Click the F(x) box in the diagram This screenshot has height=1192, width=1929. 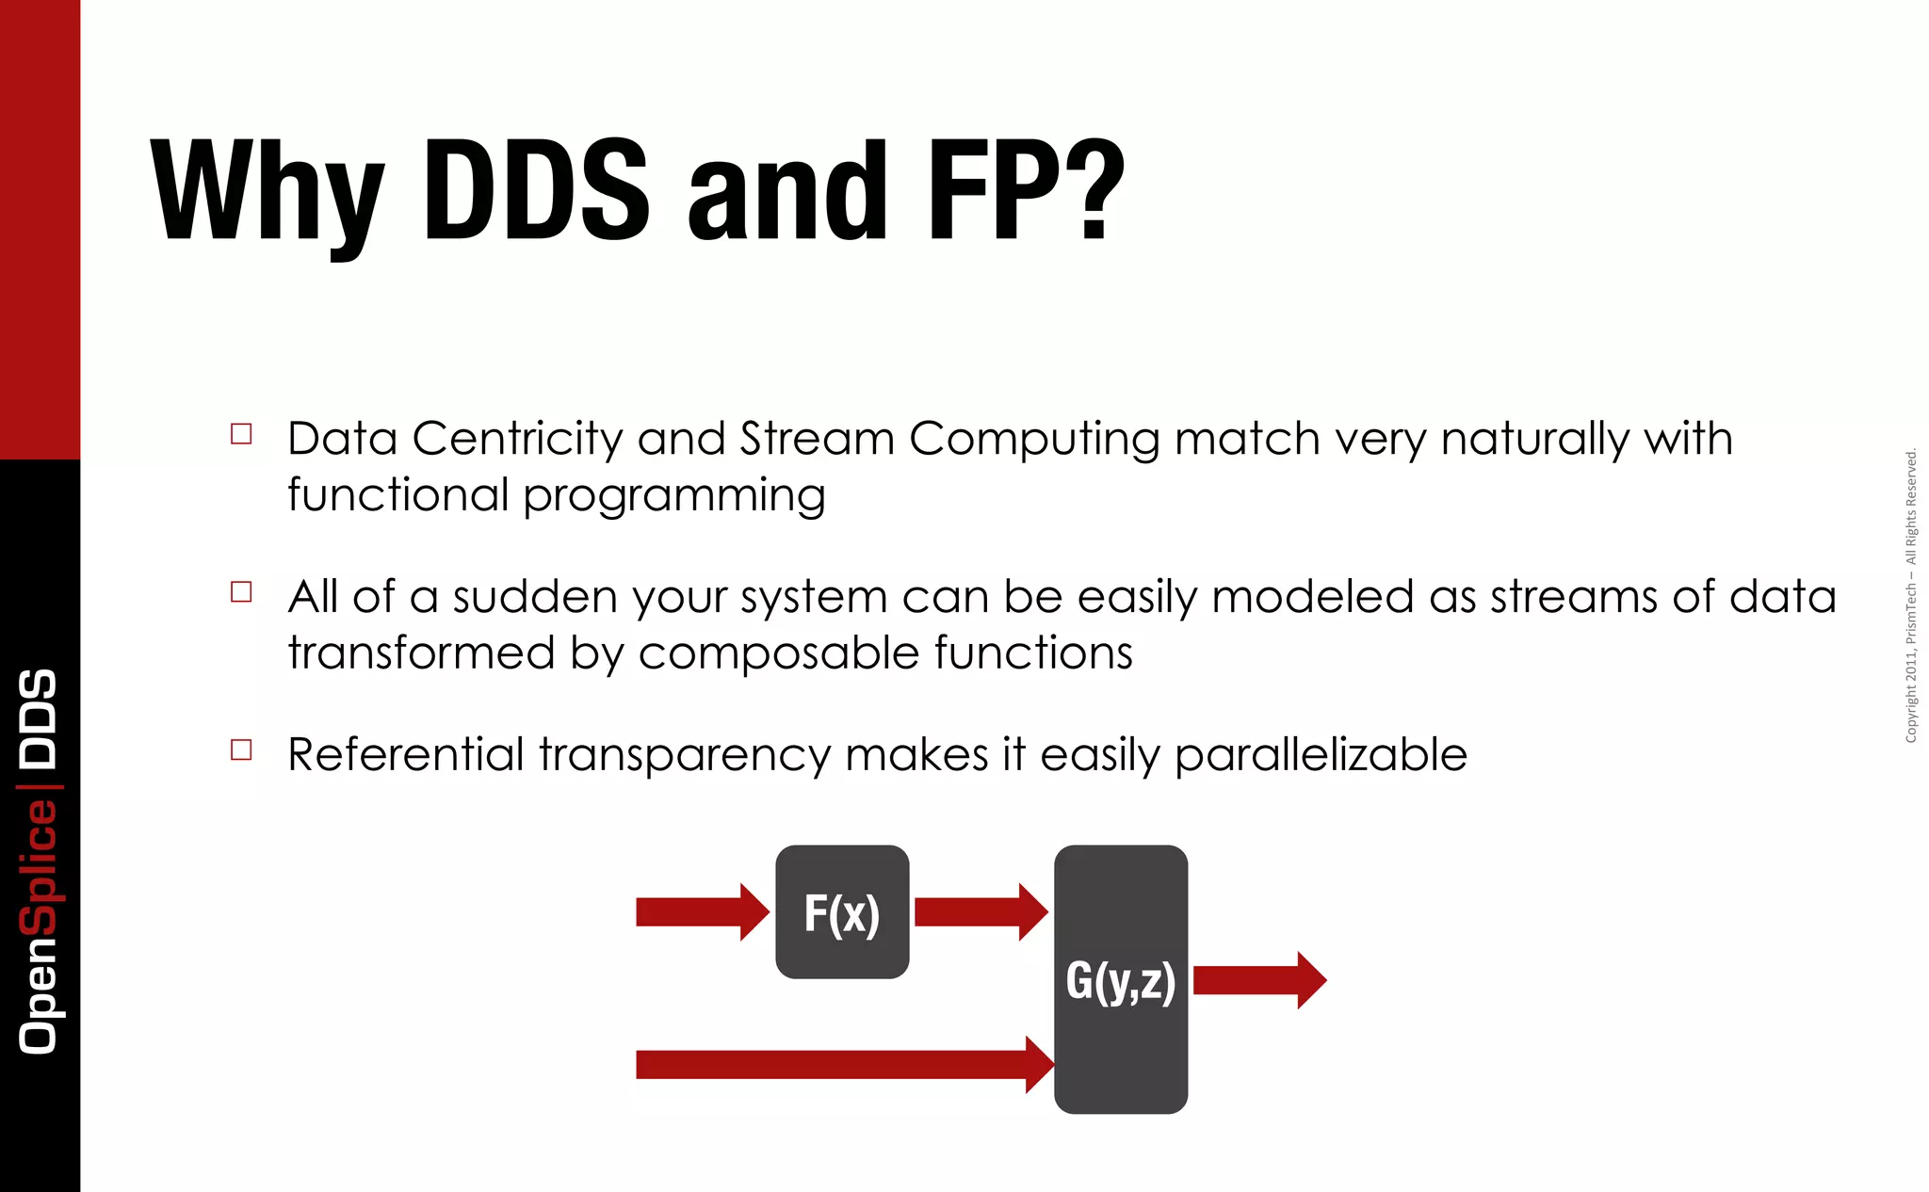(x=842, y=911)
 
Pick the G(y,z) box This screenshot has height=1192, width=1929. (x=1120, y=979)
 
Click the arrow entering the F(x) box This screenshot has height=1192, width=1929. (x=702, y=911)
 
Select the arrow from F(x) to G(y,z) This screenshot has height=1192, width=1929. (x=980, y=911)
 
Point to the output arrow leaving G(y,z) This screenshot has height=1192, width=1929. (x=1258, y=980)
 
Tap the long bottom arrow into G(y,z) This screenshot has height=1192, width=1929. (x=843, y=1065)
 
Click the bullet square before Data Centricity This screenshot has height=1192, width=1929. (x=241, y=434)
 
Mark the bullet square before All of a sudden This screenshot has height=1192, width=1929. (x=241, y=592)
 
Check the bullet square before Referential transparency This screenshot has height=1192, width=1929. (x=241, y=750)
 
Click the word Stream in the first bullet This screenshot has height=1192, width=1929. (x=817, y=439)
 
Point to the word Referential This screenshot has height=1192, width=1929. (x=405, y=755)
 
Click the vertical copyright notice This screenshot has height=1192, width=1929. (x=1910, y=595)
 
